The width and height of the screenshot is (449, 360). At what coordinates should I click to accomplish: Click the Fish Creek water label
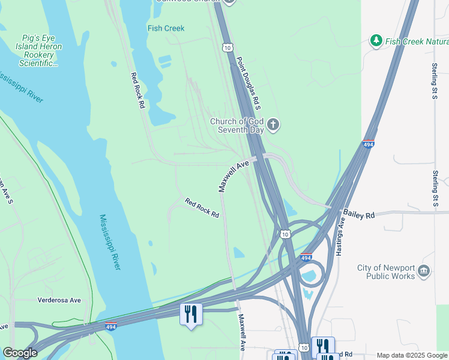(166, 28)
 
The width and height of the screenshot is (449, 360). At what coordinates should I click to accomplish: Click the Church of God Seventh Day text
(237, 125)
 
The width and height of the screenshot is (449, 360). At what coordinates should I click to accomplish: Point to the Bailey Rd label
(358, 214)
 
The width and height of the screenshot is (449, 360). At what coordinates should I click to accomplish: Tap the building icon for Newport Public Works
(424, 271)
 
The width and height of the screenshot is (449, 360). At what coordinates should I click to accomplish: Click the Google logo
(20, 353)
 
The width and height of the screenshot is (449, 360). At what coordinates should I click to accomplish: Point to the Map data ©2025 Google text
(412, 355)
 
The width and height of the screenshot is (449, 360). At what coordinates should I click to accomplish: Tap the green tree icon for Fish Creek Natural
(376, 41)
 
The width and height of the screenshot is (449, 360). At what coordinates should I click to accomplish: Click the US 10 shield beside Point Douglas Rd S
(227, 47)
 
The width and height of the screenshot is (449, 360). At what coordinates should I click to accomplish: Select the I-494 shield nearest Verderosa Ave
(110, 326)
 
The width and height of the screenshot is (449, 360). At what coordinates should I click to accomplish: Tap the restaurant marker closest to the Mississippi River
(191, 314)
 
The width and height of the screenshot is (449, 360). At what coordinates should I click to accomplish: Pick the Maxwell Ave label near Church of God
(234, 176)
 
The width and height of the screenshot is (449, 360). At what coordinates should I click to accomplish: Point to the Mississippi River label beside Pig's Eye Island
(21, 87)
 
